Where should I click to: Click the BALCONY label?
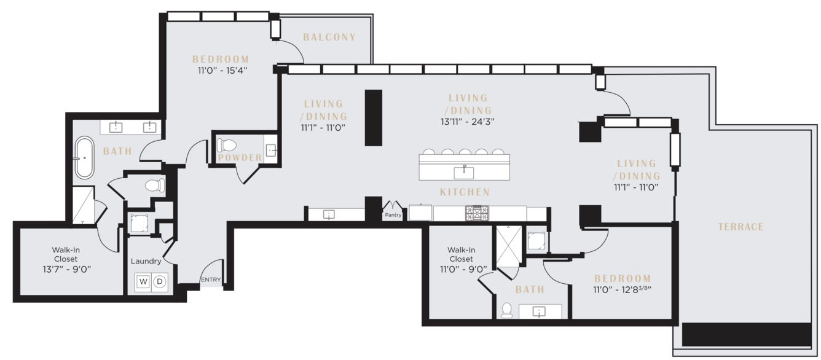329,37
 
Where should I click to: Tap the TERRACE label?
740,227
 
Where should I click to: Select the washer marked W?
143,281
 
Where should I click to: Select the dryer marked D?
159,281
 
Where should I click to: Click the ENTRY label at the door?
211,280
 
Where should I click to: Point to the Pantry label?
393,215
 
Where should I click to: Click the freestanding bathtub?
84,158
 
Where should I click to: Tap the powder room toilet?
227,146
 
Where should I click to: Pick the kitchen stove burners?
477,213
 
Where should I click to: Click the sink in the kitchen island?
463,173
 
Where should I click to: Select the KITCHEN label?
465,192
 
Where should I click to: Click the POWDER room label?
240,157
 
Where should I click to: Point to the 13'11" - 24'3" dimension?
467,122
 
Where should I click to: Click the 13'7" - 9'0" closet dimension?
67,270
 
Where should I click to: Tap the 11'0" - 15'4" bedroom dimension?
222,70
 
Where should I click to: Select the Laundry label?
146,261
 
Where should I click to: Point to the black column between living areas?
373,117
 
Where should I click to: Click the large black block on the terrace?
747,334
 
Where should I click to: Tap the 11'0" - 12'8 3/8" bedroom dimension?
623,290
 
